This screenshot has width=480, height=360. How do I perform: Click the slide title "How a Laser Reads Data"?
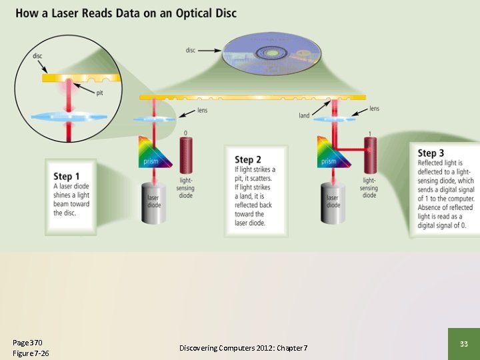[x=126, y=13]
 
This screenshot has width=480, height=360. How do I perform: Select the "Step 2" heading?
[x=244, y=159]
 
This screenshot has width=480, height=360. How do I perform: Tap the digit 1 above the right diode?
[x=369, y=133]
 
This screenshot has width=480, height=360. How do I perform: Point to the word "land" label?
[x=304, y=116]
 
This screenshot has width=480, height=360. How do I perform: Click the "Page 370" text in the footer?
[x=26, y=342]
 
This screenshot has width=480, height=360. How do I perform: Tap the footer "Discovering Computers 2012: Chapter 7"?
[x=243, y=348]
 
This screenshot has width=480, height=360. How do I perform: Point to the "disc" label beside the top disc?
[x=191, y=49]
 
